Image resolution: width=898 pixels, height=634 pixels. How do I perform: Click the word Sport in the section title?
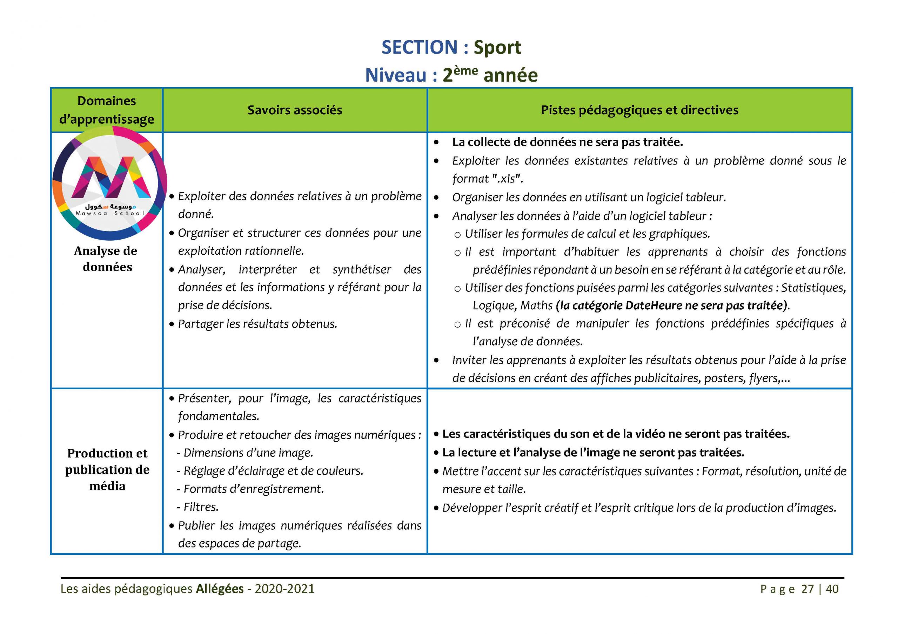pos(497,48)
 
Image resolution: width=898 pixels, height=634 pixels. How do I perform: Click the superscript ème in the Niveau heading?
pos(465,71)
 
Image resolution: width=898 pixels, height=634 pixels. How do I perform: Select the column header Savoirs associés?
pos(295,110)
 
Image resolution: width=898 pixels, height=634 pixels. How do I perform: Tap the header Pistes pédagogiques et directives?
pos(639,110)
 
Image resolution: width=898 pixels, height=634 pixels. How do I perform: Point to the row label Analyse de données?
pos(106,259)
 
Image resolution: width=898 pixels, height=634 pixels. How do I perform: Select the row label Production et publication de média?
pos(107,469)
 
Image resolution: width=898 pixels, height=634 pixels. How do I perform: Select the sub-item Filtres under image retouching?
pos(201,507)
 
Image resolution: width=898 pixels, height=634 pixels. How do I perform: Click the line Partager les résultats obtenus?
pos(257,324)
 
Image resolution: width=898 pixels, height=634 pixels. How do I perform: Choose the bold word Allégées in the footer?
pos(220,589)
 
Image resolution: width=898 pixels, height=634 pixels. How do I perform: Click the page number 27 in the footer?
pos(807,589)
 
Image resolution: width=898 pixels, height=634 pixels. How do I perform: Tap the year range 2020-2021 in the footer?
pos(284,589)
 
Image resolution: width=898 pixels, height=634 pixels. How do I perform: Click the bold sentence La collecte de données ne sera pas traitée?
pos(567,142)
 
